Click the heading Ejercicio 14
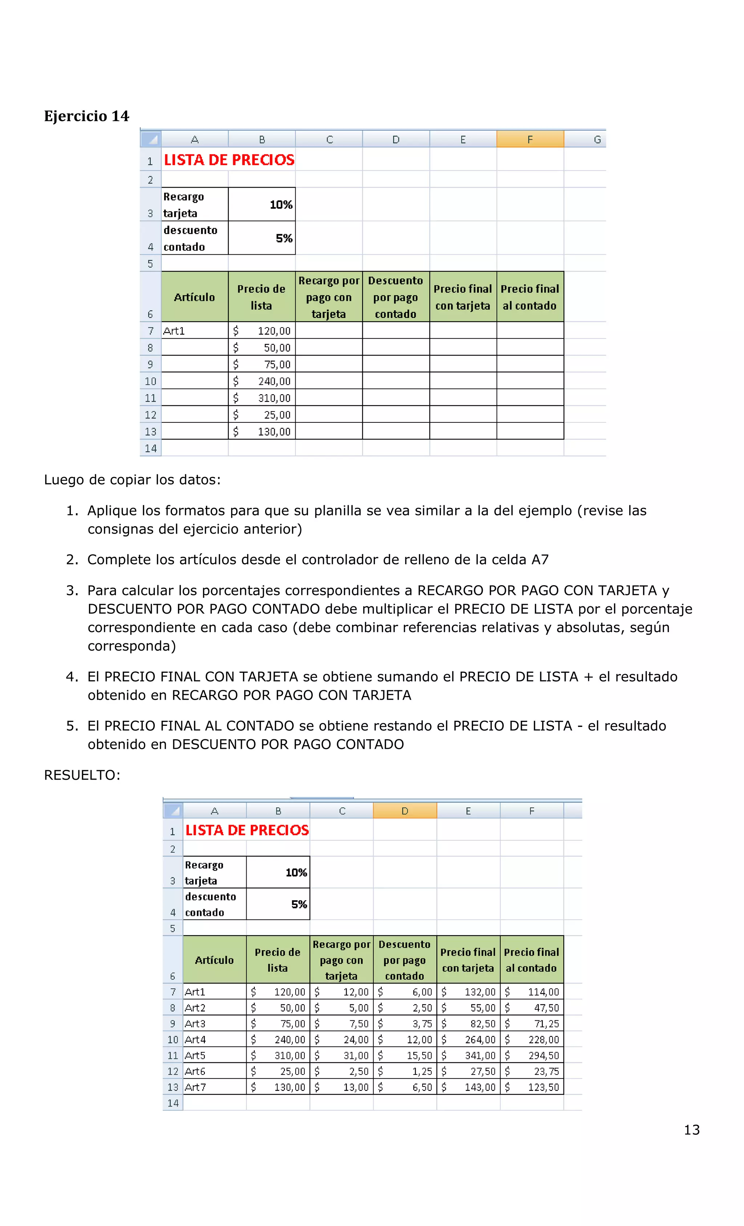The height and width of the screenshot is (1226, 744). click(86, 116)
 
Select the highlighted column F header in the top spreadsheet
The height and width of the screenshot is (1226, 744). click(530, 139)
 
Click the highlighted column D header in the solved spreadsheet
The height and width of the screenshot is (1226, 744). click(404, 811)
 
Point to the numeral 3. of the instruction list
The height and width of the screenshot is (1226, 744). click(73, 591)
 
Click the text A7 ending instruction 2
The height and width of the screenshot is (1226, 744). click(539, 560)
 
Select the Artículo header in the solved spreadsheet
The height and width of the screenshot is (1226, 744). click(214, 960)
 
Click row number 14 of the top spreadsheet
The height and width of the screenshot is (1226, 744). click(151, 448)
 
